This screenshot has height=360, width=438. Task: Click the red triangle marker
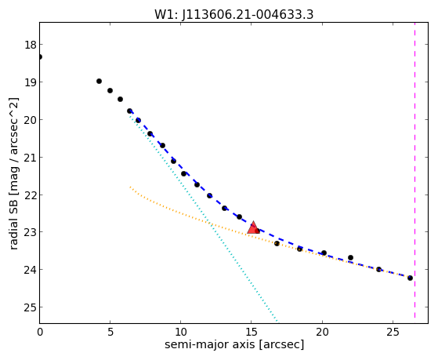(x=253, y=227)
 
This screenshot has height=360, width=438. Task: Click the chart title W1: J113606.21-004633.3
(x=233, y=15)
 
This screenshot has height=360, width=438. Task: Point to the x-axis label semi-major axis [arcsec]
(x=234, y=344)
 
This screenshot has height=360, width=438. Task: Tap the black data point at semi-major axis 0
(x=40, y=57)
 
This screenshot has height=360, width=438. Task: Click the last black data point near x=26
(x=410, y=278)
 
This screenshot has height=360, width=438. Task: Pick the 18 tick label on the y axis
(x=31, y=45)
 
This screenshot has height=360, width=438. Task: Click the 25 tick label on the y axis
(x=31, y=307)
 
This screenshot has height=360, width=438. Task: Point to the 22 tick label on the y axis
(x=31, y=195)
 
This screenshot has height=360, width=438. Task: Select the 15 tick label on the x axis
(x=251, y=332)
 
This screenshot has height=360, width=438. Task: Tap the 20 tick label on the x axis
(x=322, y=332)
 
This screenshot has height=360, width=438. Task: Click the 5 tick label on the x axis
(x=110, y=332)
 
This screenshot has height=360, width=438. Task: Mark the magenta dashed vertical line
(x=414, y=170)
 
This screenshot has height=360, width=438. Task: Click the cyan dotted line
(x=204, y=217)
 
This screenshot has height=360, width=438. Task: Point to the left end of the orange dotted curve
(x=130, y=187)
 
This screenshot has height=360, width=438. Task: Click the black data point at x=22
(x=350, y=257)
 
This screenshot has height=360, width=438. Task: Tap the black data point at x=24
(x=378, y=269)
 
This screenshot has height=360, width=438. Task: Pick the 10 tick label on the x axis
(x=180, y=332)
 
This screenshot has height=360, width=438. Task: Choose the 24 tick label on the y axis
(x=31, y=270)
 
